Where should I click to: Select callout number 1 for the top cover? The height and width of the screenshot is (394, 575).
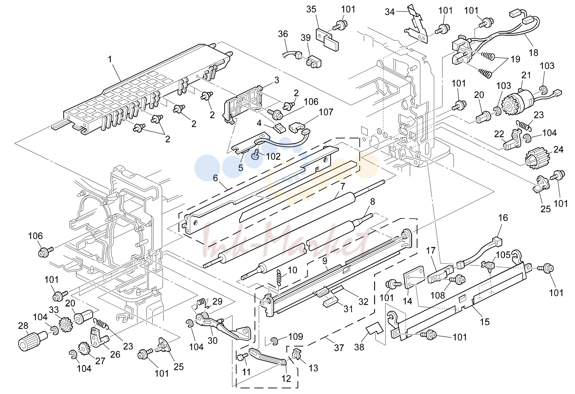coord(110,59)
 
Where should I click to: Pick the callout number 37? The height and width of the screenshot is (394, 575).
coord(339,348)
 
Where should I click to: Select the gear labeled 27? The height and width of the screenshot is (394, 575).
coord(83,348)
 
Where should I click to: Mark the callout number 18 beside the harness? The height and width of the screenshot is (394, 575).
coord(533,53)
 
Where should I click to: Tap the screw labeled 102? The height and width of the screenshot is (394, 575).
coord(256,155)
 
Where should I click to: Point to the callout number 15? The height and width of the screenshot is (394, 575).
coord(485,322)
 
